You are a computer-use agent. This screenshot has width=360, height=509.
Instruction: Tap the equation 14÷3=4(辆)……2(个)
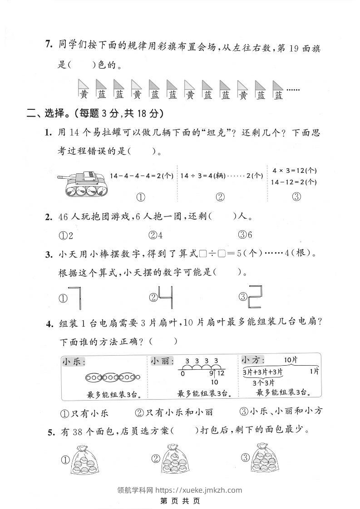(x=221, y=175)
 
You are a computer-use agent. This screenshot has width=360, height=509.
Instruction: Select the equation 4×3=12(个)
(x=294, y=171)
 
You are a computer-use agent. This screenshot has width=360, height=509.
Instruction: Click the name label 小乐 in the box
(x=74, y=362)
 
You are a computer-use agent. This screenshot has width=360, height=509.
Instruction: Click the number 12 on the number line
(x=221, y=373)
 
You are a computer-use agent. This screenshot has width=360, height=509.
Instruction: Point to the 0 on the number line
(x=182, y=374)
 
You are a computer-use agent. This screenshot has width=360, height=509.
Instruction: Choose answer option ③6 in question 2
(x=245, y=235)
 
